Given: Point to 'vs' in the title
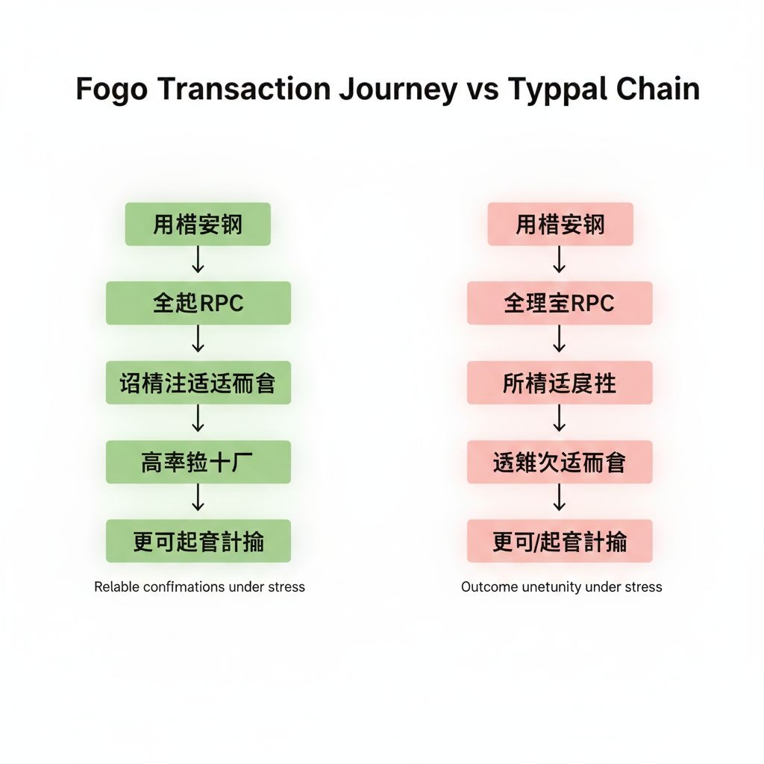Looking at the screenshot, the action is click(482, 90).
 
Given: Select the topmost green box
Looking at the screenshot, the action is click(198, 224).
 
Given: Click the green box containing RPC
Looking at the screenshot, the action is click(198, 303).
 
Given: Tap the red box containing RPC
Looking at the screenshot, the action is click(560, 303).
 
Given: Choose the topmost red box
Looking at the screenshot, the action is click(560, 224).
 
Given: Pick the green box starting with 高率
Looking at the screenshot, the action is click(198, 462).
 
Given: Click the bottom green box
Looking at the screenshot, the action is click(198, 541).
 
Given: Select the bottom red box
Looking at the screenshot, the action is click(560, 541).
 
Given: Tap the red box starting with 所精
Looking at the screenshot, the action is click(560, 383).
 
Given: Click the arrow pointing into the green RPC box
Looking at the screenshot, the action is click(198, 260).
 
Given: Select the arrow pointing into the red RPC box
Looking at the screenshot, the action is click(560, 260).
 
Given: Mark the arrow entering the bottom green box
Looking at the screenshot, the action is click(198, 498).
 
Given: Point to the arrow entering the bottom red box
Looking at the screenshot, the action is click(560, 498).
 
